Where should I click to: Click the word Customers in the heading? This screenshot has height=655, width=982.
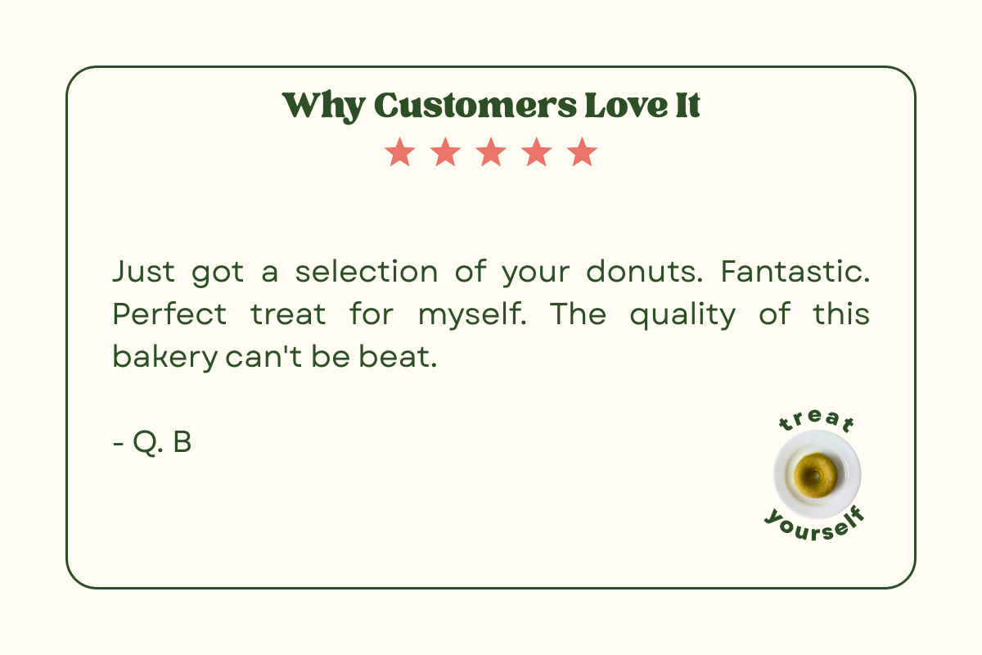pos(475,106)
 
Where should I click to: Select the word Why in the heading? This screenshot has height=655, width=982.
pos(323,107)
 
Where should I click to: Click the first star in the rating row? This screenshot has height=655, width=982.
pos(400,151)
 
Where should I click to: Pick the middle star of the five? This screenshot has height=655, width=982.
pos(491,151)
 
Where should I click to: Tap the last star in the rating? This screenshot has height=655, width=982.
pos(582,151)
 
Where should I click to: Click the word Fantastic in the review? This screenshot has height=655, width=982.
pos(795,272)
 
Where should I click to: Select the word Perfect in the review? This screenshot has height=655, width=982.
pos(169,314)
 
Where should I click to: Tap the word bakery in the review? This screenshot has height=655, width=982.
pos(165,357)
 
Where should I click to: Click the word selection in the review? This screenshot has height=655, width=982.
pos(367,272)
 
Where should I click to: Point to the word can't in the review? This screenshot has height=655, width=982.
pos(264,356)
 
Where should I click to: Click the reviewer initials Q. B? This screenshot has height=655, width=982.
pos(162,442)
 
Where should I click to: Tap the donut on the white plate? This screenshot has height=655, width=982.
pos(815,475)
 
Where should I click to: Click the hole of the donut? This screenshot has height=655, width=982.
pos(815,475)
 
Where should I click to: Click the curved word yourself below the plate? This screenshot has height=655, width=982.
pos(815,526)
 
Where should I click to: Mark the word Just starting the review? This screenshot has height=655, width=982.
pos(144,272)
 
